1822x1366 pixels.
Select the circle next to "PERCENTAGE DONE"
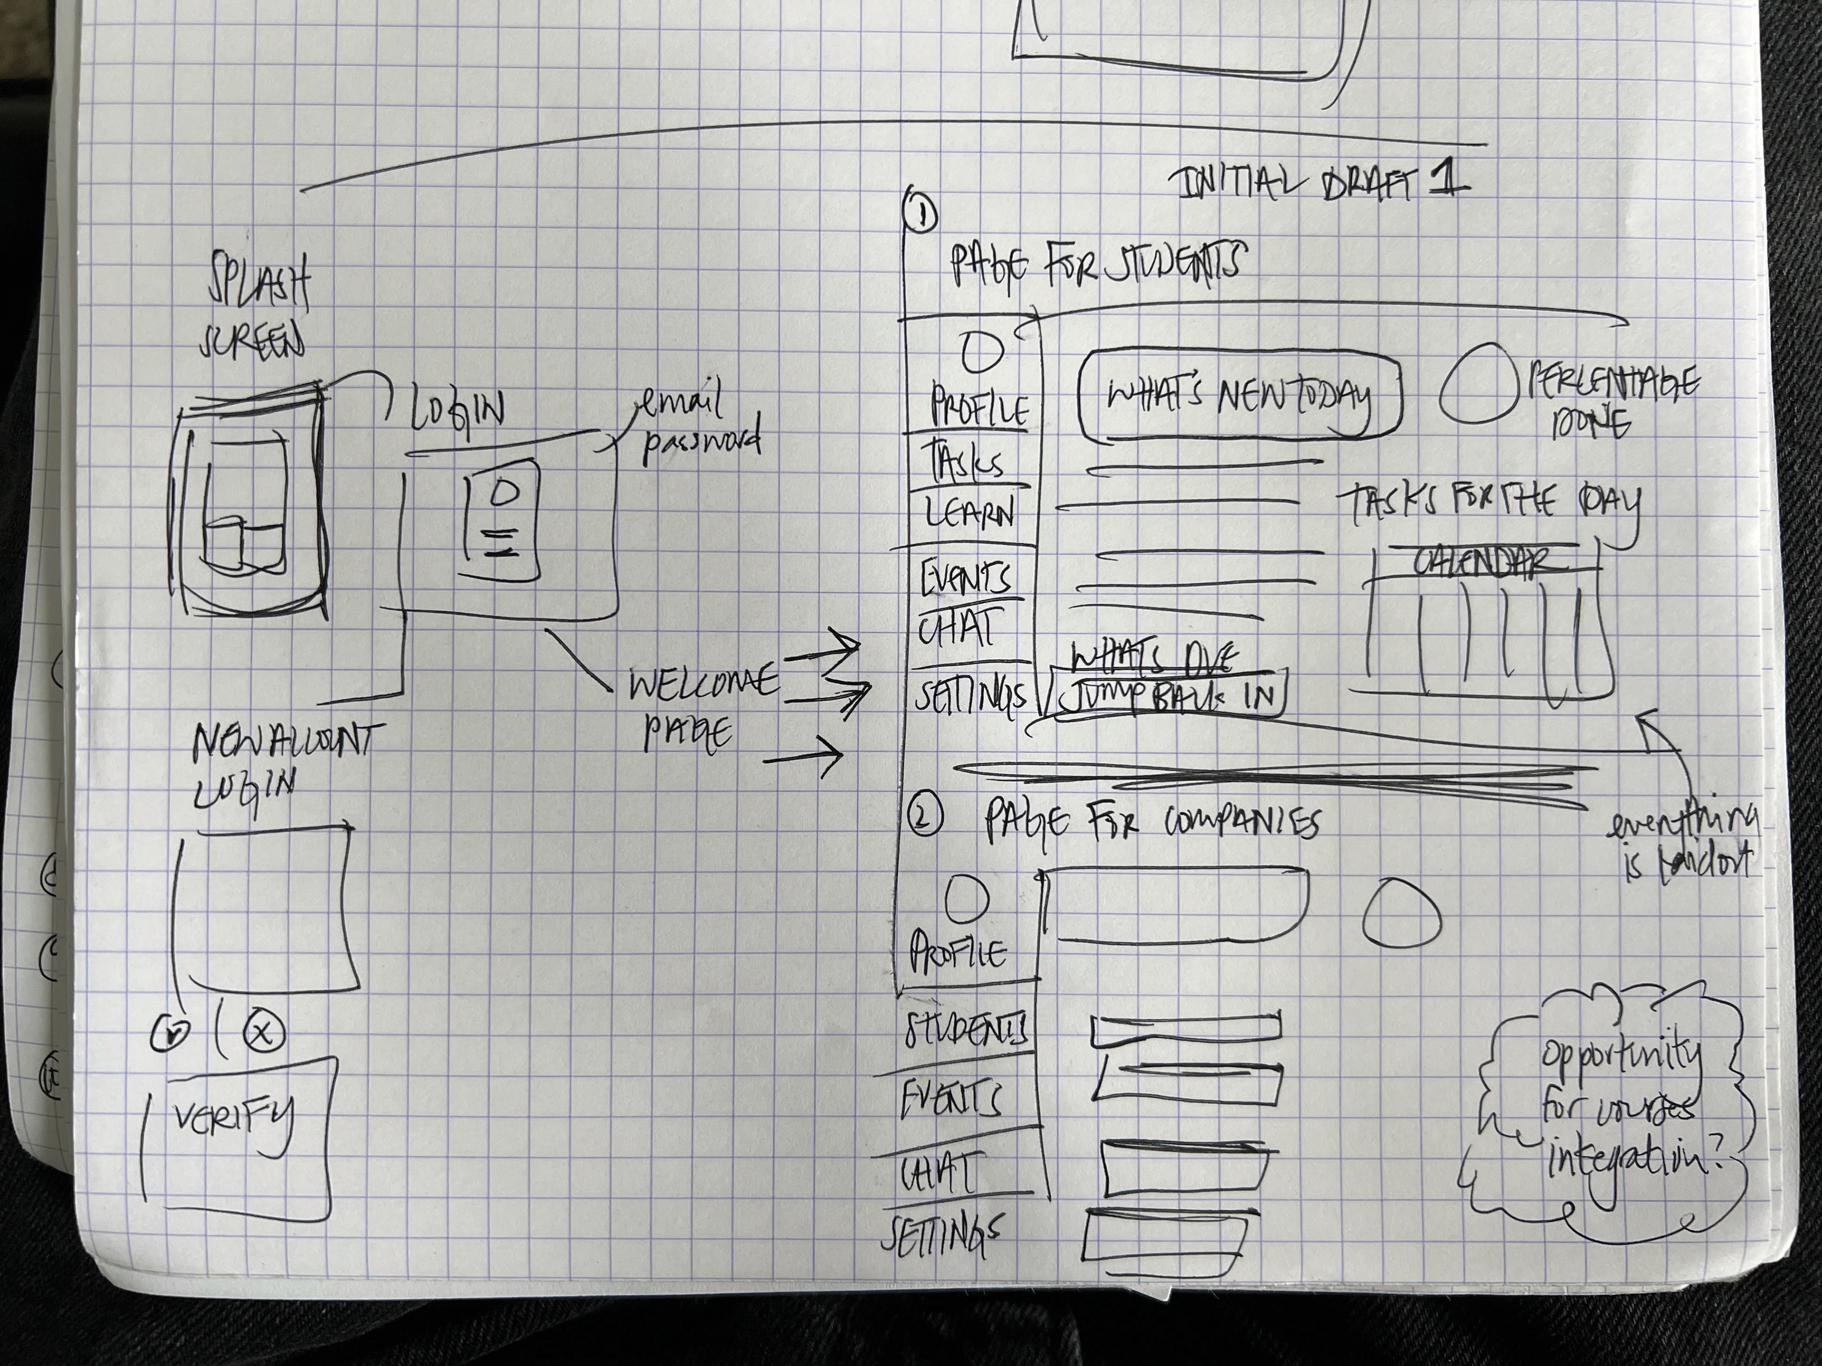[x=1478, y=393]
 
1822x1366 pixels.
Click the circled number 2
[x=924, y=819]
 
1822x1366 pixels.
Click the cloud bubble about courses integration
[x=1615, y=1112]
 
